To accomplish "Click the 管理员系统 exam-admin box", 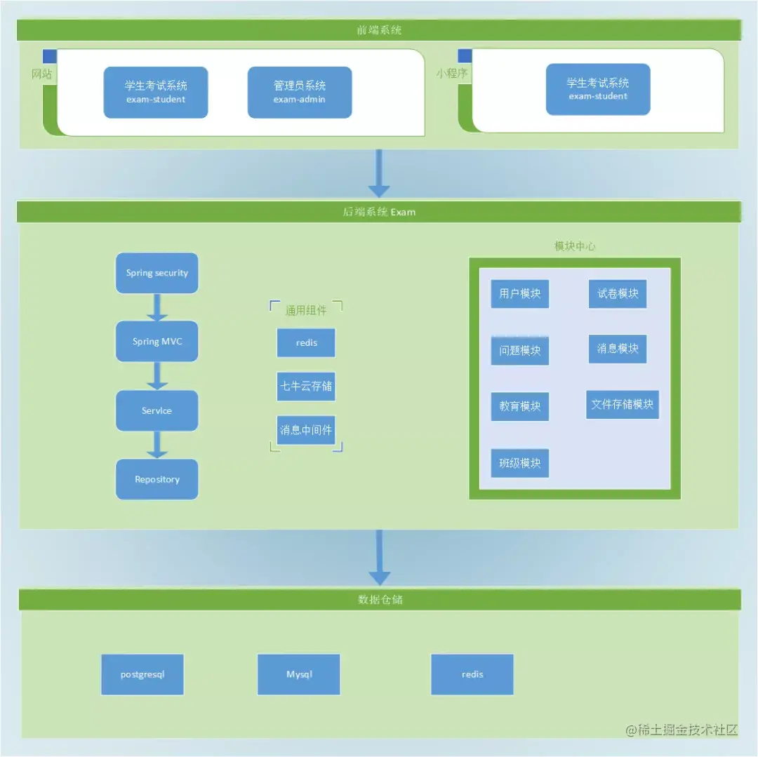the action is [x=300, y=93].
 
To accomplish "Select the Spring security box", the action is [x=157, y=273].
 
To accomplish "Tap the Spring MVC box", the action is [x=157, y=341].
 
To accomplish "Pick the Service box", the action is [x=157, y=410].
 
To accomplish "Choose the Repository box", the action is [x=157, y=479].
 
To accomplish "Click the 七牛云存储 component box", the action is [x=306, y=386].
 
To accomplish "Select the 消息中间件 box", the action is [x=306, y=430].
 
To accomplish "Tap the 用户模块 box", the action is [x=520, y=293].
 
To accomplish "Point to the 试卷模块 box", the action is [x=618, y=293].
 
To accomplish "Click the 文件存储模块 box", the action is [x=623, y=404].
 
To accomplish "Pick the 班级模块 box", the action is [x=520, y=463].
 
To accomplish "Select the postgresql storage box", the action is [x=142, y=674].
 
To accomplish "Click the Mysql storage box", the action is [x=299, y=674].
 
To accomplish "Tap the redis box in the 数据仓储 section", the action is [x=472, y=674].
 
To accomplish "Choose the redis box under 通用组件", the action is [x=306, y=343].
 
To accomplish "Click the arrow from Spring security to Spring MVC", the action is [x=157, y=307].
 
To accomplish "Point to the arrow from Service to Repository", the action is [x=157, y=445].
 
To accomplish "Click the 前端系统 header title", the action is [x=379, y=30].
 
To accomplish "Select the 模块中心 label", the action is [x=575, y=246].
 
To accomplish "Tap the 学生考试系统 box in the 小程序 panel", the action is [x=598, y=89].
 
